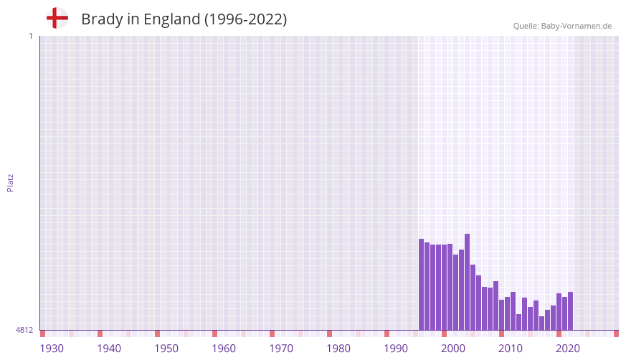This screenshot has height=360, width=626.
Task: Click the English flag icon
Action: click(57, 19)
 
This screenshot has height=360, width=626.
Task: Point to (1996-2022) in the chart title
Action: click(246, 19)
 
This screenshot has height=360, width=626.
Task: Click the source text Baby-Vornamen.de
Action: click(577, 26)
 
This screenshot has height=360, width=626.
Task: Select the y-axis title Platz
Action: click(10, 182)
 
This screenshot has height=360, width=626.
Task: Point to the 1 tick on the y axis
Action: click(30, 36)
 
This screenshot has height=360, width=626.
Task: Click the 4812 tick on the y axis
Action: click(24, 331)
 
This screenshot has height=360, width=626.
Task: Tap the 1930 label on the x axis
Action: click(52, 349)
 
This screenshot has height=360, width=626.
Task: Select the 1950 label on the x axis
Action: click(166, 349)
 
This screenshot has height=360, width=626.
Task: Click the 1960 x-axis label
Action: click(224, 349)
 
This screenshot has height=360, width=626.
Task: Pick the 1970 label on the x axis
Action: click(281, 349)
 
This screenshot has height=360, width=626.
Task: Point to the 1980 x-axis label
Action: click(338, 349)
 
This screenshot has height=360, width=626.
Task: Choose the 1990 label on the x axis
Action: click(396, 349)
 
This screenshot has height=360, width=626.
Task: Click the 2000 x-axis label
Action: click(453, 349)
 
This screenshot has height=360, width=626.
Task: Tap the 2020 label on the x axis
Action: click(568, 349)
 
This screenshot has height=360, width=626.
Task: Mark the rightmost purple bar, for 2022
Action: click(570, 311)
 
